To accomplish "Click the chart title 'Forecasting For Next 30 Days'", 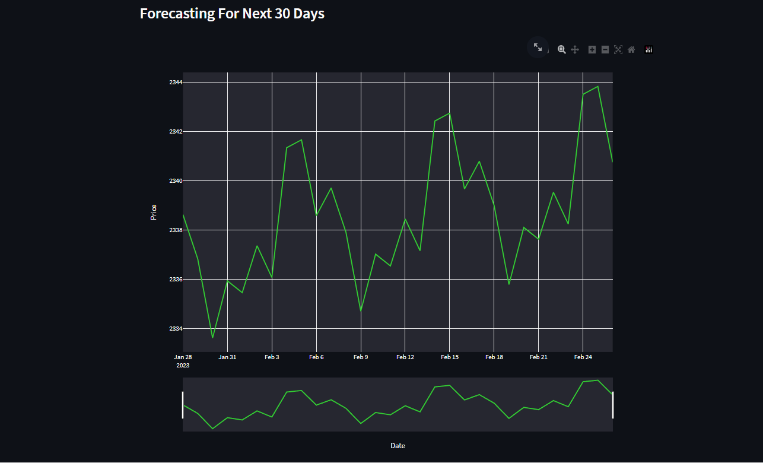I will (232, 14).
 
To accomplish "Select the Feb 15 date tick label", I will (449, 357).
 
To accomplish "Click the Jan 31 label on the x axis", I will (227, 357).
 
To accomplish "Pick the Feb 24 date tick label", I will (583, 357).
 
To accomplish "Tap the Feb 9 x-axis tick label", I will (361, 357).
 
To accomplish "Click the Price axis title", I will (154, 212).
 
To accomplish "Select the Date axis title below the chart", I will (398, 445).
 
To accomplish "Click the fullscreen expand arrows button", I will (538, 47).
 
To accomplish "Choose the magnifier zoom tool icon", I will (561, 50).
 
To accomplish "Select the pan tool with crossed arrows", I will (575, 50).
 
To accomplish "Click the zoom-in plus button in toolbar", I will (592, 50).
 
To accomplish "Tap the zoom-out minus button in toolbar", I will (605, 50).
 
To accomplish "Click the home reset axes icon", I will (631, 50).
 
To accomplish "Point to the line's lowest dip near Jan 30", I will (212, 337).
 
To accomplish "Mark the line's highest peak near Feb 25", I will (597, 87).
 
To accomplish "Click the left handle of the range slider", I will (183, 405).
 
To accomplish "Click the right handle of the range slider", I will (613, 405).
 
